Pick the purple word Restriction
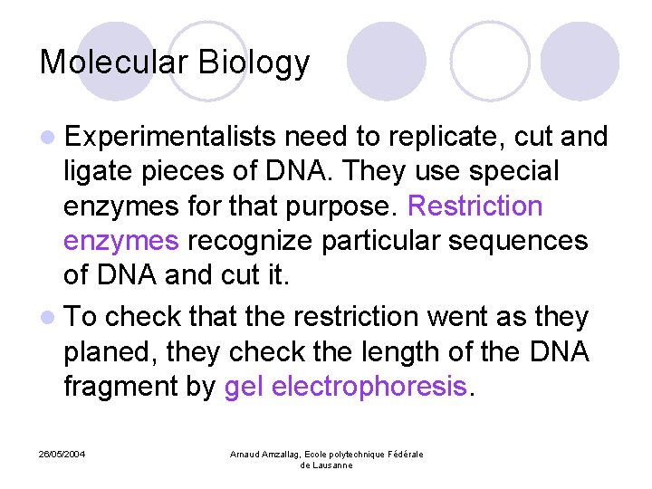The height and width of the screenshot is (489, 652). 475,206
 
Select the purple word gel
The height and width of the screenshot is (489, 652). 244,388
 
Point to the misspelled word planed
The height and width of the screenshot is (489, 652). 101,353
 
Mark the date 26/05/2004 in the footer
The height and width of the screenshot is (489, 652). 62,454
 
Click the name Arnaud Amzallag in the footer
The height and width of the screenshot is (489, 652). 269,454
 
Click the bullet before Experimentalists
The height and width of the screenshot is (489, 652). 46,138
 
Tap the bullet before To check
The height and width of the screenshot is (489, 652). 46,318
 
